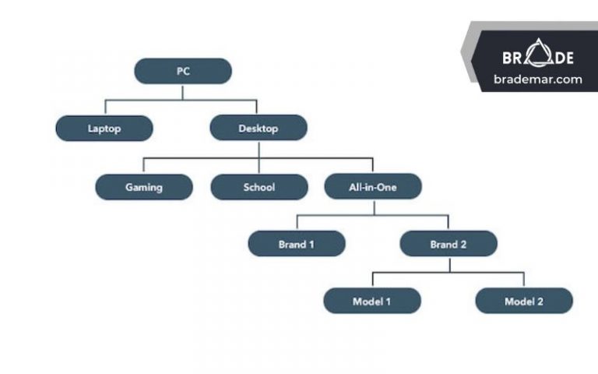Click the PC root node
pos(183,71)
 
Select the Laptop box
pos(104,129)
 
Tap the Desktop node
pos(259,129)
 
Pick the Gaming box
pos(144,187)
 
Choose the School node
pos(259,187)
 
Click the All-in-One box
pos(373,187)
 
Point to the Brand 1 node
pos(297,244)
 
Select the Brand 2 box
pos(448,244)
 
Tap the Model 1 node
pos(372,301)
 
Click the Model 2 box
pos(524,301)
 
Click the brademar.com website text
pos(537,79)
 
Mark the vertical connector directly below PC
pos(183,91)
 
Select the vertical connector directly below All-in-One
pos(373,206)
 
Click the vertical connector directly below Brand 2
pos(448,264)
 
